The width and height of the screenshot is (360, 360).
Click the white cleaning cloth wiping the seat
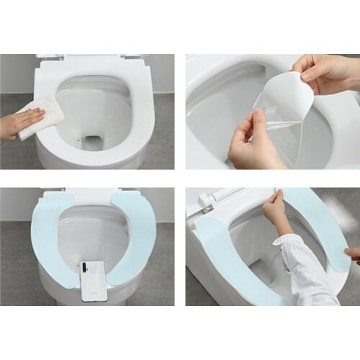40,116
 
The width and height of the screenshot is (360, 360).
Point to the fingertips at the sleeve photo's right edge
353,253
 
